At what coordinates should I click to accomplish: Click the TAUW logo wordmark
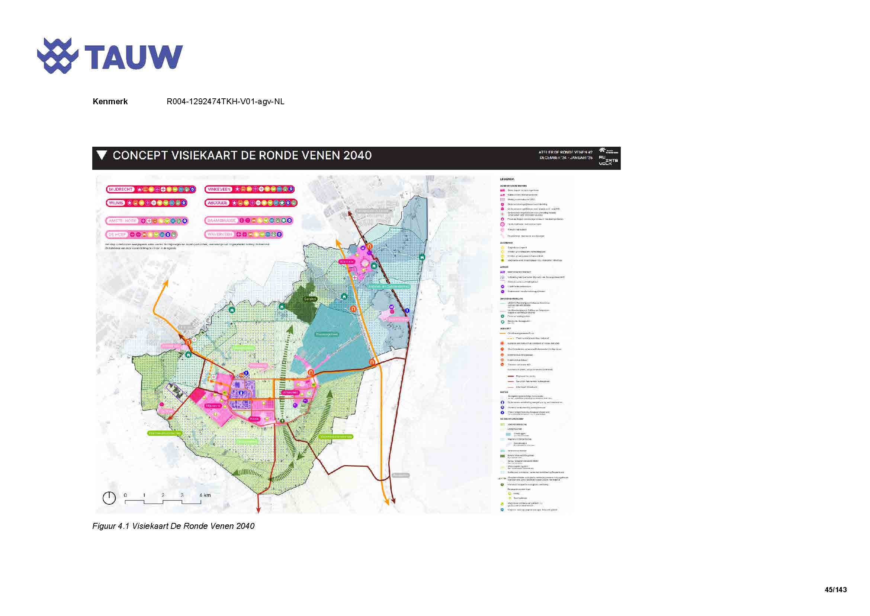(134, 57)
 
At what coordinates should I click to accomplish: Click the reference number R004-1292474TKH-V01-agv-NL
(225, 102)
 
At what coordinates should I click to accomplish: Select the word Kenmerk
(110, 102)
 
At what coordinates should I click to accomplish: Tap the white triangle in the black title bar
(101, 155)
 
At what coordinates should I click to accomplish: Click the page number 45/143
(835, 590)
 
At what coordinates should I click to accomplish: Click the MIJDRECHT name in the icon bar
(121, 189)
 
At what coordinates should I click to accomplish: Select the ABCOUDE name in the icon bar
(218, 203)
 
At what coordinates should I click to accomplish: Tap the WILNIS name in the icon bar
(116, 203)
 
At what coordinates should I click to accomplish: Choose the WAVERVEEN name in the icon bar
(220, 234)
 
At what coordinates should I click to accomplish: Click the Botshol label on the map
(310, 299)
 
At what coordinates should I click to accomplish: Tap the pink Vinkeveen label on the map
(290, 392)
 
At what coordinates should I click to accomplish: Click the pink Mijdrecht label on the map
(213, 406)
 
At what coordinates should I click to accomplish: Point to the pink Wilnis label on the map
(254, 419)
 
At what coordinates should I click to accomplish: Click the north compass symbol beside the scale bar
(109, 498)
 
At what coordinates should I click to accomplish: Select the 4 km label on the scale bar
(205, 495)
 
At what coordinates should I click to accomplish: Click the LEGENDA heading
(507, 179)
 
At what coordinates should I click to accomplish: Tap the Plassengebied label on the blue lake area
(327, 334)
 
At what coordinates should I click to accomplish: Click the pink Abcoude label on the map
(347, 262)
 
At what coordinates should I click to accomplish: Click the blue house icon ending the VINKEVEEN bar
(290, 189)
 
